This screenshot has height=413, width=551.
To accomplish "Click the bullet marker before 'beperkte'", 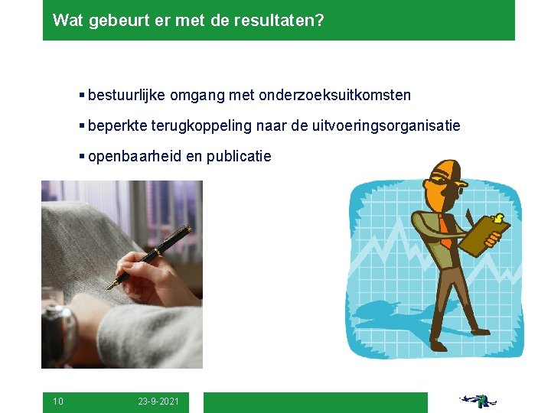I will click(x=82, y=126).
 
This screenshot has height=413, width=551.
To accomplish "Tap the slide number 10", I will click(x=58, y=402).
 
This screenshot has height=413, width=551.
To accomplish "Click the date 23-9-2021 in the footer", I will click(x=159, y=402).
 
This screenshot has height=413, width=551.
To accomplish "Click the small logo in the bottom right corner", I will click(x=478, y=401).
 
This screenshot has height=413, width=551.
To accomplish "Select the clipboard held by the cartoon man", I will click(x=482, y=234).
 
